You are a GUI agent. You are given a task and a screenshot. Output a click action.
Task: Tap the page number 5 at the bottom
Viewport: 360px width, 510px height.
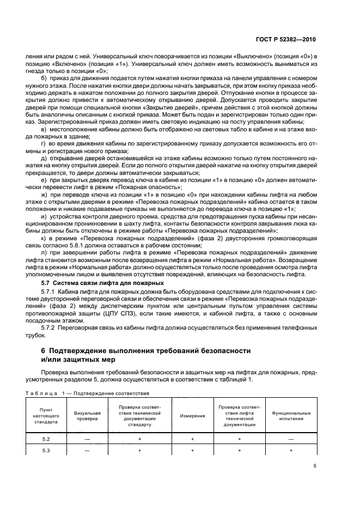point(315,466)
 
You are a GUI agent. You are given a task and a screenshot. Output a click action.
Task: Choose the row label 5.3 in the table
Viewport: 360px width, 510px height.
point(45,450)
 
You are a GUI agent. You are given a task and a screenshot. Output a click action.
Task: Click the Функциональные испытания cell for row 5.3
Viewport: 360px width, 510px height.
point(291,450)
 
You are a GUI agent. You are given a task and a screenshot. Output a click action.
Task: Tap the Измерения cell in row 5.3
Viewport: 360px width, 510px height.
point(192,450)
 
